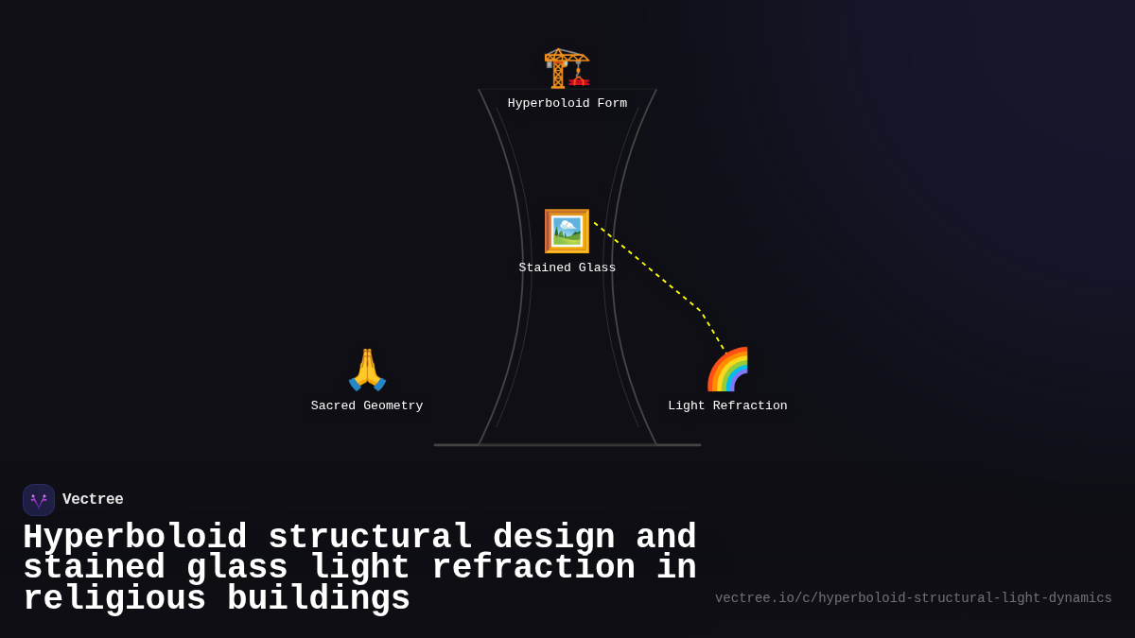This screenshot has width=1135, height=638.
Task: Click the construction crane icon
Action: pyautogui.click(x=567, y=67)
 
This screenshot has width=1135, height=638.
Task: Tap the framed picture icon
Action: pyautogui.click(x=567, y=231)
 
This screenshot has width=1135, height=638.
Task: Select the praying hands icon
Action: pyautogui.click(x=367, y=370)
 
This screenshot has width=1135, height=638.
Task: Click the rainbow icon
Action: pyautogui.click(x=727, y=370)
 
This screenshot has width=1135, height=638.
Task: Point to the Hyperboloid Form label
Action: pyautogui.click(x=567, y=104)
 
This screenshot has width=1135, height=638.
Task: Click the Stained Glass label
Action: pyautogui.click(x=567, y=268)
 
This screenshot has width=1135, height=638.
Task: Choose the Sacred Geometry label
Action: pyautogui.click(x=367, y=406)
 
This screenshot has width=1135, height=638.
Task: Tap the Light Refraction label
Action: pyautogui.click(x=727, y=406)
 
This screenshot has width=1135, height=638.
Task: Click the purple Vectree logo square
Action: pyautogui.click(x=39, y=500)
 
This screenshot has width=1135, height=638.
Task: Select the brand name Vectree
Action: pyautogui.click(x=93, y=500)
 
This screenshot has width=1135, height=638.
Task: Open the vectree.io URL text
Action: pyautogui.click(x=913, y=598)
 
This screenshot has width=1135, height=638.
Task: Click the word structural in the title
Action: pyautogui.click(x=370, y=538)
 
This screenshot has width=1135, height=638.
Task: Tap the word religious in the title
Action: pyautogui.click(x=114, y=599)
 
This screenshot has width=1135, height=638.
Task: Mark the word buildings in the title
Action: pyautogui.click(x=319, y=599)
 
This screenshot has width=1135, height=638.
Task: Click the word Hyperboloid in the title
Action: pyautogui.click(x=134, y=538)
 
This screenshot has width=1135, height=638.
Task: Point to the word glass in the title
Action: pyautogui.click(x=237, y=568)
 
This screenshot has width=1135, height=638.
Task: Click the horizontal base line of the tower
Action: pyautogui.click(x=567, y=445)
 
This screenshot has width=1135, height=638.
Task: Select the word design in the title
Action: pyautogui.click(x=554, y=538)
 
